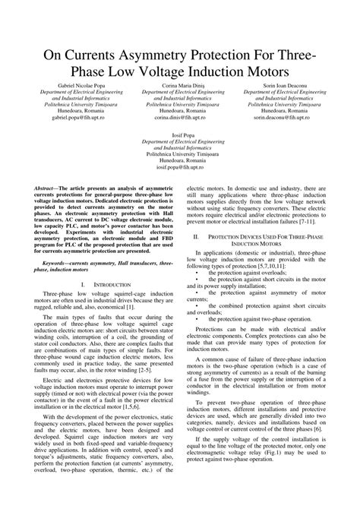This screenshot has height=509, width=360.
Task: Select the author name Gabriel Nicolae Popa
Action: pos(67,85)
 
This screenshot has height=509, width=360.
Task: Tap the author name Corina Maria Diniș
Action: pos(179,85)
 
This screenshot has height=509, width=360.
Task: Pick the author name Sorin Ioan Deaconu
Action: pos(292,85)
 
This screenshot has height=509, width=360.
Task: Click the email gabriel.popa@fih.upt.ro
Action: pos(67,119)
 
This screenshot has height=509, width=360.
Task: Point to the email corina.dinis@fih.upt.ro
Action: pos(179,119)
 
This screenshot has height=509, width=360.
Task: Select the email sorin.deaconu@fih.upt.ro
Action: pos(292,119)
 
